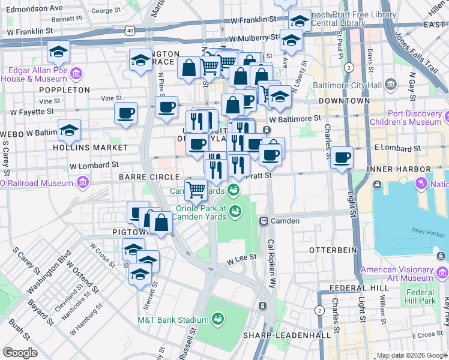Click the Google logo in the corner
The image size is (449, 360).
[20, 352]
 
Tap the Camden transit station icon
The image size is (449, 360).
[263, 221]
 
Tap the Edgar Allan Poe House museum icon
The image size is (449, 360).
[76, 74]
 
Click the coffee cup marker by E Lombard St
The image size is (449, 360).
[342, 158]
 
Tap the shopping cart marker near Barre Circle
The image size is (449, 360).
[196, 190]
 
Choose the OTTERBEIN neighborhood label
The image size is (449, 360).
[333, 249]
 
